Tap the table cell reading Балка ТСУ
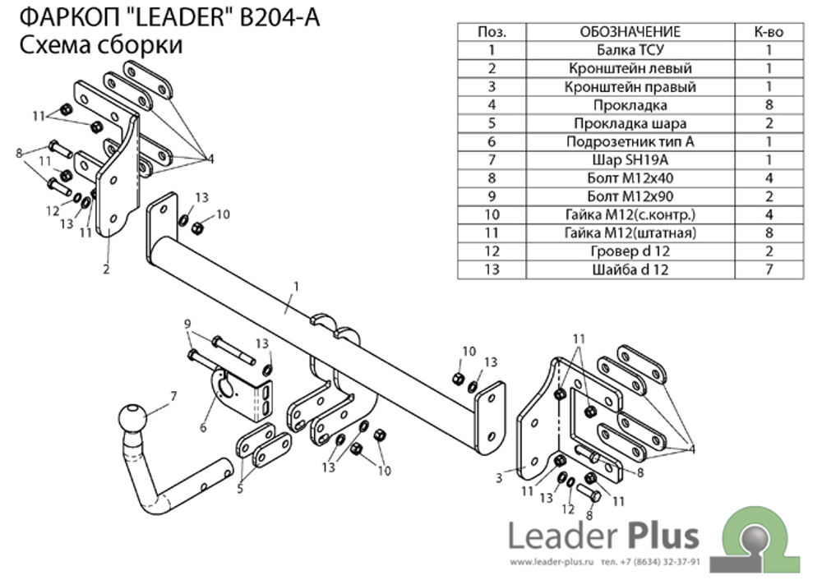[630, 50]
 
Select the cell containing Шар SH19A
[630, 160]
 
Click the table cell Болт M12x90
[630, 196]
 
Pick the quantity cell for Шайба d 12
[769, 269]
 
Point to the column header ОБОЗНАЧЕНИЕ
[630, 32]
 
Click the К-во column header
[769, 32]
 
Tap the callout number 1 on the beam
[296, 287]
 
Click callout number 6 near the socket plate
[203, 427]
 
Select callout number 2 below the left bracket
[106, 269]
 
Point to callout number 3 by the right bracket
[499, 478]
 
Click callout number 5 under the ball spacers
[240, 490]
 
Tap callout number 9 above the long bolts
[187, 325]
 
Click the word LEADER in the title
[177, 18]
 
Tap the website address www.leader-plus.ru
[552, 562]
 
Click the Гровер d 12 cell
[630, 251]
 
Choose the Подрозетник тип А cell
[630, 141]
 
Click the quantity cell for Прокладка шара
[769, 123]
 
